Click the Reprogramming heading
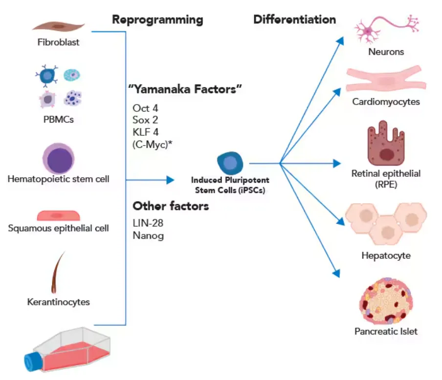click(157, 20)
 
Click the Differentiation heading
click(294, 20)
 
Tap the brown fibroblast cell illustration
click(58, 25)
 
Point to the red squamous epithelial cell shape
click(58, 215)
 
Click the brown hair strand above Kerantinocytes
click(57, 272)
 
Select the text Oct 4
click(145, 108)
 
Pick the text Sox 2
click(145, 120)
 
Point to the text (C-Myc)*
click(152, 143)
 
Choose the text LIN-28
click(148, 223)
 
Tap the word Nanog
click(148, 236)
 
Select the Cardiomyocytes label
click(386, 102)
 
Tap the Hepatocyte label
click(386, 255)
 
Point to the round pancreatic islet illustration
click(386, 300)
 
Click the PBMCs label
click(58, 119)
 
